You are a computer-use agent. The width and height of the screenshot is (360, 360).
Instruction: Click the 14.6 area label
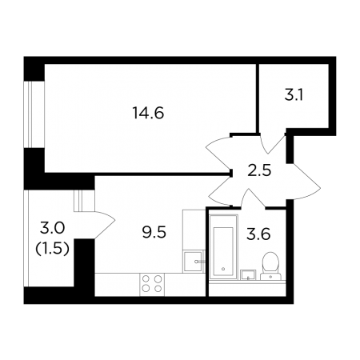148,114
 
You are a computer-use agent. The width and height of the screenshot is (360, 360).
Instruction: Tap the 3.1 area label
294,95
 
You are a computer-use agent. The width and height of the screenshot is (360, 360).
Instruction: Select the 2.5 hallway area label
259,170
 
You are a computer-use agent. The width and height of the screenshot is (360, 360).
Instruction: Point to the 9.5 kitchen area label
154,231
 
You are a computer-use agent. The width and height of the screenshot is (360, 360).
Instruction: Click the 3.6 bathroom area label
258,234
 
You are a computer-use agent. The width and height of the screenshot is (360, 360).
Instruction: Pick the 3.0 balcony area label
52,228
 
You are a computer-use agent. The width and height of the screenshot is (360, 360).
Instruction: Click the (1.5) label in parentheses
52,249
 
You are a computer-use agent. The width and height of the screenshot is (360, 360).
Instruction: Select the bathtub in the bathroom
223,246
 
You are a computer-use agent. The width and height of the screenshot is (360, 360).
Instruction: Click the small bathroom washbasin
248,274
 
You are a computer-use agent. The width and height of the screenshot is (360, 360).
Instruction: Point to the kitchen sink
194,261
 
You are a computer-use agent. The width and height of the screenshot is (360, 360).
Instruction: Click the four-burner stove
152,284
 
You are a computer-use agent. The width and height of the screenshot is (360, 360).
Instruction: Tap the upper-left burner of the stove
146,279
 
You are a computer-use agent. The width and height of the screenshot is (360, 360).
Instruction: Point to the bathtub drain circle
223,269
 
